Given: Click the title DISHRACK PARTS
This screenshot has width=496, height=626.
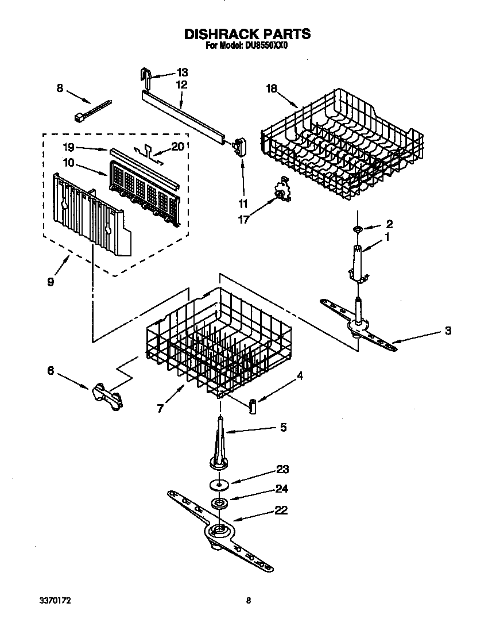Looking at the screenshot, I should (x=247, y=34).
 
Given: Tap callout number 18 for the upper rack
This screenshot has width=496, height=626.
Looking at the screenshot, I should (x=272, y=89).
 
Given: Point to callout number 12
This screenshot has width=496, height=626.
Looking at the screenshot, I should (x=181, y=85).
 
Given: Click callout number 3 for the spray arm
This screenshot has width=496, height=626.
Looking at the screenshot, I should (x=447, y=331).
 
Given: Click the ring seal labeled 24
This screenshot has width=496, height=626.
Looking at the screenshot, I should (x=219, y=504).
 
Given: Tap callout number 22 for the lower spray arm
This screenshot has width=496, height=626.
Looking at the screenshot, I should (x=281, y=510).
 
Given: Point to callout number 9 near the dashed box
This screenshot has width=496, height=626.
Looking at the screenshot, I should (x=51, y=282).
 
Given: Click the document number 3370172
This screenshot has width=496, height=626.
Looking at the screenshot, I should (x=56, y=601).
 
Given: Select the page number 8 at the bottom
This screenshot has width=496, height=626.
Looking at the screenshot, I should (x=248, y=601).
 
